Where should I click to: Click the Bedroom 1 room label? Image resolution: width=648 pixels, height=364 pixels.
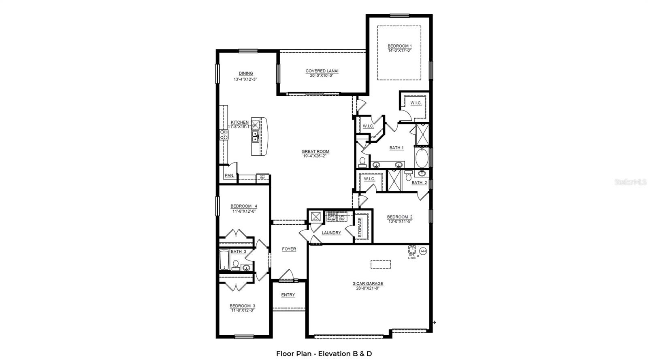point(399,46)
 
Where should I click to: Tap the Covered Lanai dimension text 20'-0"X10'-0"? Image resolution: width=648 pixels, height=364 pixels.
point(322,76)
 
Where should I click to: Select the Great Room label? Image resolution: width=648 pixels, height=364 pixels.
point(315,152)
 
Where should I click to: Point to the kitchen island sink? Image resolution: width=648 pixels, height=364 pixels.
point(256,136)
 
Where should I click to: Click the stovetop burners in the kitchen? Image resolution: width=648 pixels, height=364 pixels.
point(224,135)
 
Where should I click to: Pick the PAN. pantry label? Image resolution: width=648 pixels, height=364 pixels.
point(229,176)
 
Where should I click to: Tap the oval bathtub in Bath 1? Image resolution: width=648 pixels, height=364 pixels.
point(421,158)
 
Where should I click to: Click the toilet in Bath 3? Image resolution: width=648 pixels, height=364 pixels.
point(235,265)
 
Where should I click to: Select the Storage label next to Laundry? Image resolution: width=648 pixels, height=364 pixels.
point(360,227)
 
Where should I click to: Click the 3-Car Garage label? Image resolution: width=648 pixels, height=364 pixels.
point(367,284)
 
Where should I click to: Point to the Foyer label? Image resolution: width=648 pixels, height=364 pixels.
point(289,249)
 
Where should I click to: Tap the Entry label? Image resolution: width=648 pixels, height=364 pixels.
point(288,295)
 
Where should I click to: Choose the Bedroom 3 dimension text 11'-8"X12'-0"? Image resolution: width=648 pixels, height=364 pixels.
point(243,311)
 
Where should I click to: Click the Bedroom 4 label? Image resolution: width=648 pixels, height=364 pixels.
point(243,206)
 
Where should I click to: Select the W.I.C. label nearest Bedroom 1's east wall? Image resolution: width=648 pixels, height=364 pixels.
point(416,103)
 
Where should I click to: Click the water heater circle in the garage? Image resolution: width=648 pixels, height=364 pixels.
point(423,251)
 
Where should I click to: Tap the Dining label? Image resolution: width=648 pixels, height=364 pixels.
point(245,74)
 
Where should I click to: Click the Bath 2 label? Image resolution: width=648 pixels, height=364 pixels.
point(419,182)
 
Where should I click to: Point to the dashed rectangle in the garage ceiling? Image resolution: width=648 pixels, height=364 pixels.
point(380,264)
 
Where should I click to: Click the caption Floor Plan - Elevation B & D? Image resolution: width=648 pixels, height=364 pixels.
point(324,353)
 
